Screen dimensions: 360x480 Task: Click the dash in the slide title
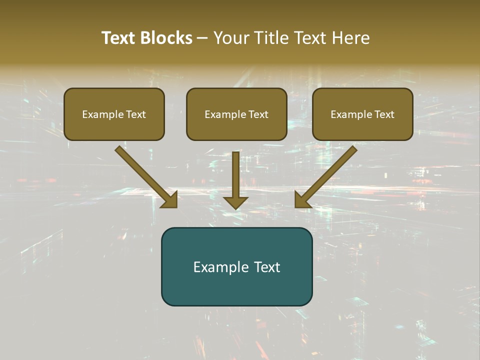click(x=202, y=38)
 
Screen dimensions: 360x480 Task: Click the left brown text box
click(x=114, y=114)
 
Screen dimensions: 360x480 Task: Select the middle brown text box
click(x=236, y=114)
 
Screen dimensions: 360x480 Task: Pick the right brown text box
click(x=362, y=114)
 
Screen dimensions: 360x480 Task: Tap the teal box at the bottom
click(x=236, y=266)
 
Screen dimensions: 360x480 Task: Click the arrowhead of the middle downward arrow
click(x=235, y=202)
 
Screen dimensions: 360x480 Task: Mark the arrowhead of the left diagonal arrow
click(x=170, y=200)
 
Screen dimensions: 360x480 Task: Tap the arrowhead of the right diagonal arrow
click(x=302, y=200)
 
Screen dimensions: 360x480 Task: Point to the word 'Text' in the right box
click(x=384, y=114)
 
